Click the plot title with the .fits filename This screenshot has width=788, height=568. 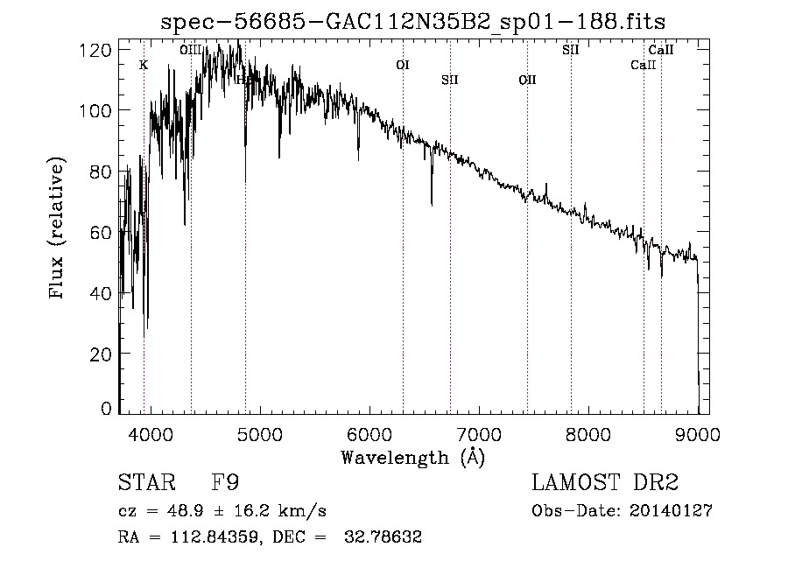point(413,24)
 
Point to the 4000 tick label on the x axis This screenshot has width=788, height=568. point(150,434)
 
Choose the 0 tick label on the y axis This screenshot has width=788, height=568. point(107,409)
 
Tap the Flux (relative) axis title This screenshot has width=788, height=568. point(59,230)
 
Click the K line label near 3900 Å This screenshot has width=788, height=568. point(144,65)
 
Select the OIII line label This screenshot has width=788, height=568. point(191,50)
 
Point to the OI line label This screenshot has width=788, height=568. point(403,65)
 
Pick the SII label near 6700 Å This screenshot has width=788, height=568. point(450,80)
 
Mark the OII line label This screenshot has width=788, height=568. point(527,80)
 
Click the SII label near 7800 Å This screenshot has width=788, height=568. point(571,50)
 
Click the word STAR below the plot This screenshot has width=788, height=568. point(145,483)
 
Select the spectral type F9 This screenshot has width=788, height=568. point(226,483)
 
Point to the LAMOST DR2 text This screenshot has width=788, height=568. point(605,483)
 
